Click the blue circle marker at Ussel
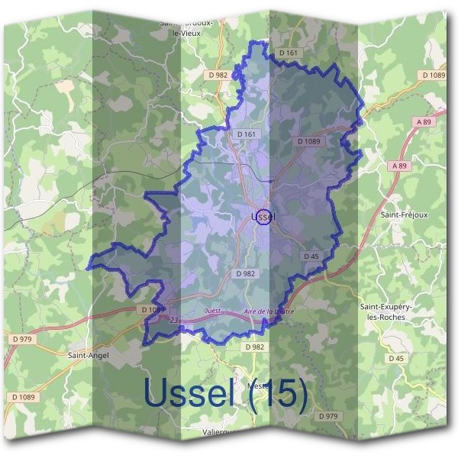tap(263, 217)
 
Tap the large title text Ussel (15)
tap(225, 393)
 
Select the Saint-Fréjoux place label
tap(403, 216)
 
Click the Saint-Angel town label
tap(89, 355)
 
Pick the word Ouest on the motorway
tap(214, 311)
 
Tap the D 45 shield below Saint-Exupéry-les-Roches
tap(395, 358)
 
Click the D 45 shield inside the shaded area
tap(311, 256)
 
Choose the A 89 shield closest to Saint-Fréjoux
tap(397, 166)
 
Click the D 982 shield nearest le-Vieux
tap(218, 75)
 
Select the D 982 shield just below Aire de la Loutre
tap(255, 347)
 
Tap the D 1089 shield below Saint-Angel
tap(24, 397)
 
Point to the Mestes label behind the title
tap(258, 385)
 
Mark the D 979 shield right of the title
tap(327, 416)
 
